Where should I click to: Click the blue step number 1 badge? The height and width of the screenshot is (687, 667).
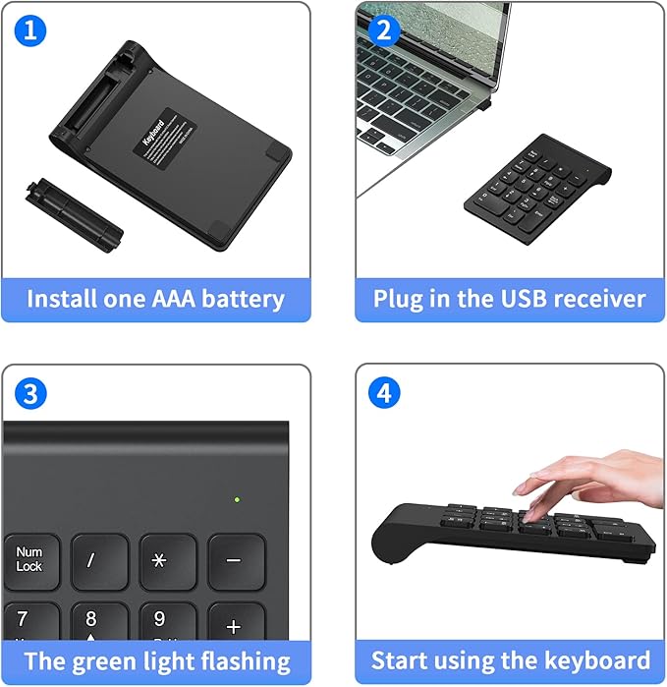31,30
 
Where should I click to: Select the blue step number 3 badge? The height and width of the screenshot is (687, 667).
31,394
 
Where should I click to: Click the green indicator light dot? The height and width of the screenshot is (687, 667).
237,499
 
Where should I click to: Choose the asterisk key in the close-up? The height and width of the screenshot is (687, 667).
167,561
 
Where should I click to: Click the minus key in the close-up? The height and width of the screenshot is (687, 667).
236,561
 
